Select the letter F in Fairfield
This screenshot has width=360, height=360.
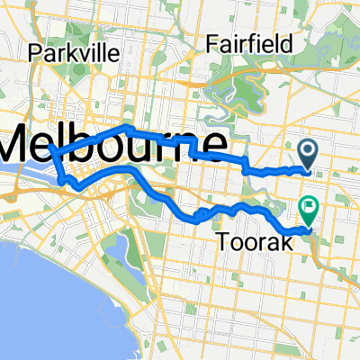[211, 43]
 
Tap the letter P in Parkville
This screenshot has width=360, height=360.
[34, 53]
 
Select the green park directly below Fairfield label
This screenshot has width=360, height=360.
[229, 90]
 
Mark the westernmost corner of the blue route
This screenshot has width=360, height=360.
[51, 149]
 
